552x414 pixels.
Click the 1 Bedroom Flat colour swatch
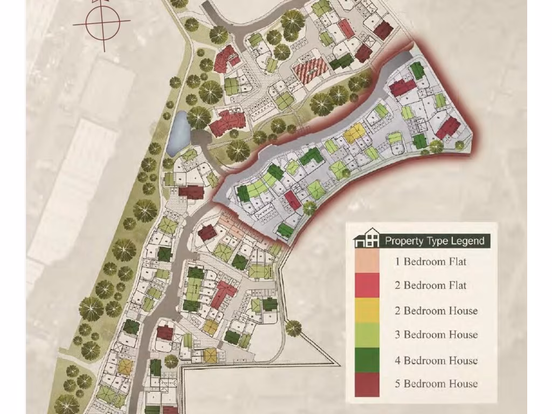pyautogui.click(x=367, y=261)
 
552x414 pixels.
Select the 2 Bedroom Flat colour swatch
pyautogui.click(x=367, y=285)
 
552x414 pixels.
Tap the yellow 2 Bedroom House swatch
pyautogui.click(x=367, y=310)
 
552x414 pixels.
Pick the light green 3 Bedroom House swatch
pyautogui.click(x=367, y=335)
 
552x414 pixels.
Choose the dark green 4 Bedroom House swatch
pyautogui.click(x=367, y=360)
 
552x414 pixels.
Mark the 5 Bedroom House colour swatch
pyautogui.click(x=367, y=384)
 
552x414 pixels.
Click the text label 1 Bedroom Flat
pyautogui.click(x=430, y=262)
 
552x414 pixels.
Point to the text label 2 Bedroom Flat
pyautogui.click(x=430, y=285)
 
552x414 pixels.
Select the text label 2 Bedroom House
pyautogui.click(x=436, y=310)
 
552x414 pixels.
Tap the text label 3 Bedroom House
pyautogui.click(x=436, y=335)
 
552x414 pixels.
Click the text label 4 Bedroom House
pyautogui.click(x=436, y=360)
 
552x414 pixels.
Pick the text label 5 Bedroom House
pyautogui.click(x=436, y=384)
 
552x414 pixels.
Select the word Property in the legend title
pyautogui.click(x=403, y=241)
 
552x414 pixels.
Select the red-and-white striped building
pyautogui.click(x=310, y=71)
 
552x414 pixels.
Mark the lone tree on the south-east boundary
pyautogui.click(x=293, y=327)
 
